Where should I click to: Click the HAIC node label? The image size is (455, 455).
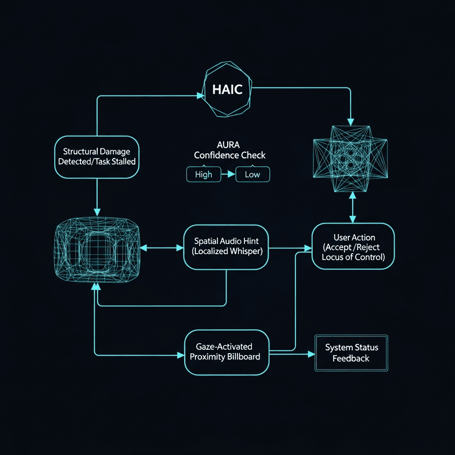[x=227, y=89]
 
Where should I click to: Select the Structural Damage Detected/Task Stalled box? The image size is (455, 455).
[x=97, y=157]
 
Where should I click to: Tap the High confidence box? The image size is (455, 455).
[x=204, y=175]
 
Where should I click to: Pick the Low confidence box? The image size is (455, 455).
[x=252, y=175]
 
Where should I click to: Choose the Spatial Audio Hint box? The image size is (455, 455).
[x=226, y=247]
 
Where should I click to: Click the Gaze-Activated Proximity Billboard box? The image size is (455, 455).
[x=227, y=352]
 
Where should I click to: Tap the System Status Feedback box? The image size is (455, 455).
[x=351, y=353]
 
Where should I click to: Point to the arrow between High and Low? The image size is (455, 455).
[x=228, y=175]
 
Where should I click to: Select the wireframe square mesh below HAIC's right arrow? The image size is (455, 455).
[x=351, y=159]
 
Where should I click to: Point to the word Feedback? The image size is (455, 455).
[x=351, y=358]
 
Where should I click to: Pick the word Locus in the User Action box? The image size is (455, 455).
[x=333, y=257]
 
